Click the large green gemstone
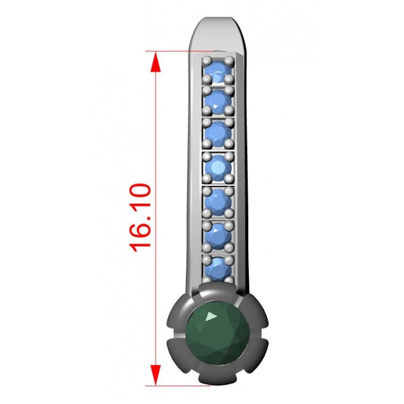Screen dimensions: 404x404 [x=218, y=333]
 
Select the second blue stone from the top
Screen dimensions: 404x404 [x=218, y=102]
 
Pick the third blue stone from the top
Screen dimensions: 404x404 [x=218, y=133]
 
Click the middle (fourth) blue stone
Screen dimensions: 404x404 [x=218, y=167]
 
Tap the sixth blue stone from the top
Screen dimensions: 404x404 [x=218, y=236]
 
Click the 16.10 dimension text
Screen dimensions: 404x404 [x=140, y=218]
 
